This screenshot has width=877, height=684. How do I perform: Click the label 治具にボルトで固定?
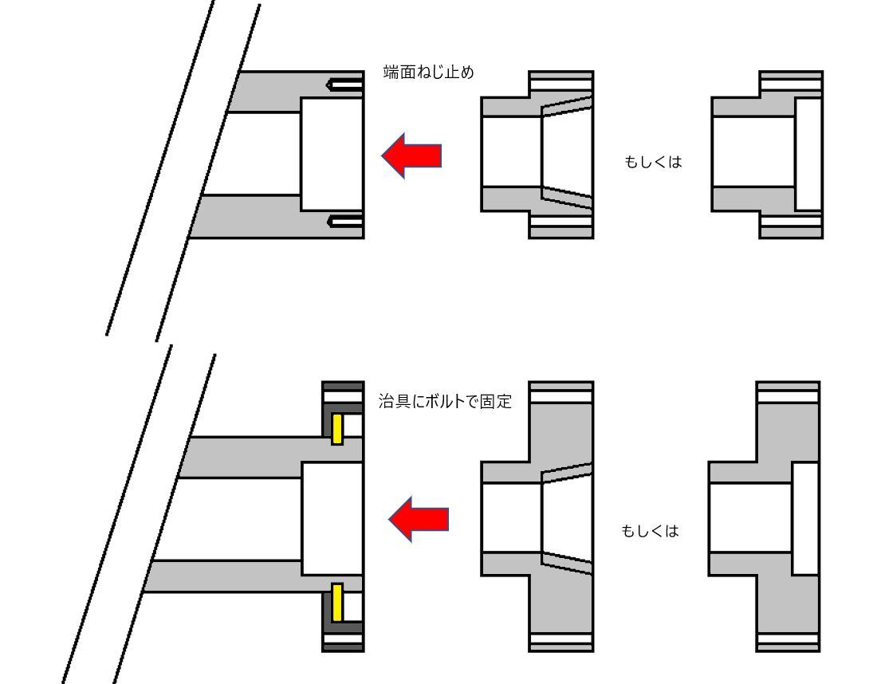tap(444, 401)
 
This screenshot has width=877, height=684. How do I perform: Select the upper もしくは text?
tap(653, 162)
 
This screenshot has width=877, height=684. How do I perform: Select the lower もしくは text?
tap(650, 531)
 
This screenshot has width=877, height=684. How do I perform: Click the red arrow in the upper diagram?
tap(411, 155)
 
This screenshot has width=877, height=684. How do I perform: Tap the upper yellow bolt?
tap(336, 429)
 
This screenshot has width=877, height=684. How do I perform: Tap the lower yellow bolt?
tap(336, 603)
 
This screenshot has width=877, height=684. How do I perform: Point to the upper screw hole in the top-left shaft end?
tap(344, 84)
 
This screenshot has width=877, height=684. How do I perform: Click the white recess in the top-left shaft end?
tap(332, 154)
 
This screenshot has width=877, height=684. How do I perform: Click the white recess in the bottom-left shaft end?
tap(332, 518)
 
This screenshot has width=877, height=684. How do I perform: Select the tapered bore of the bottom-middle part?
tap(567, 518)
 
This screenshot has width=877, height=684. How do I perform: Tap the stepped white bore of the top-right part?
tap(808, 154)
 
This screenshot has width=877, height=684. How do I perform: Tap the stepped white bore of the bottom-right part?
tap(805, 518)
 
